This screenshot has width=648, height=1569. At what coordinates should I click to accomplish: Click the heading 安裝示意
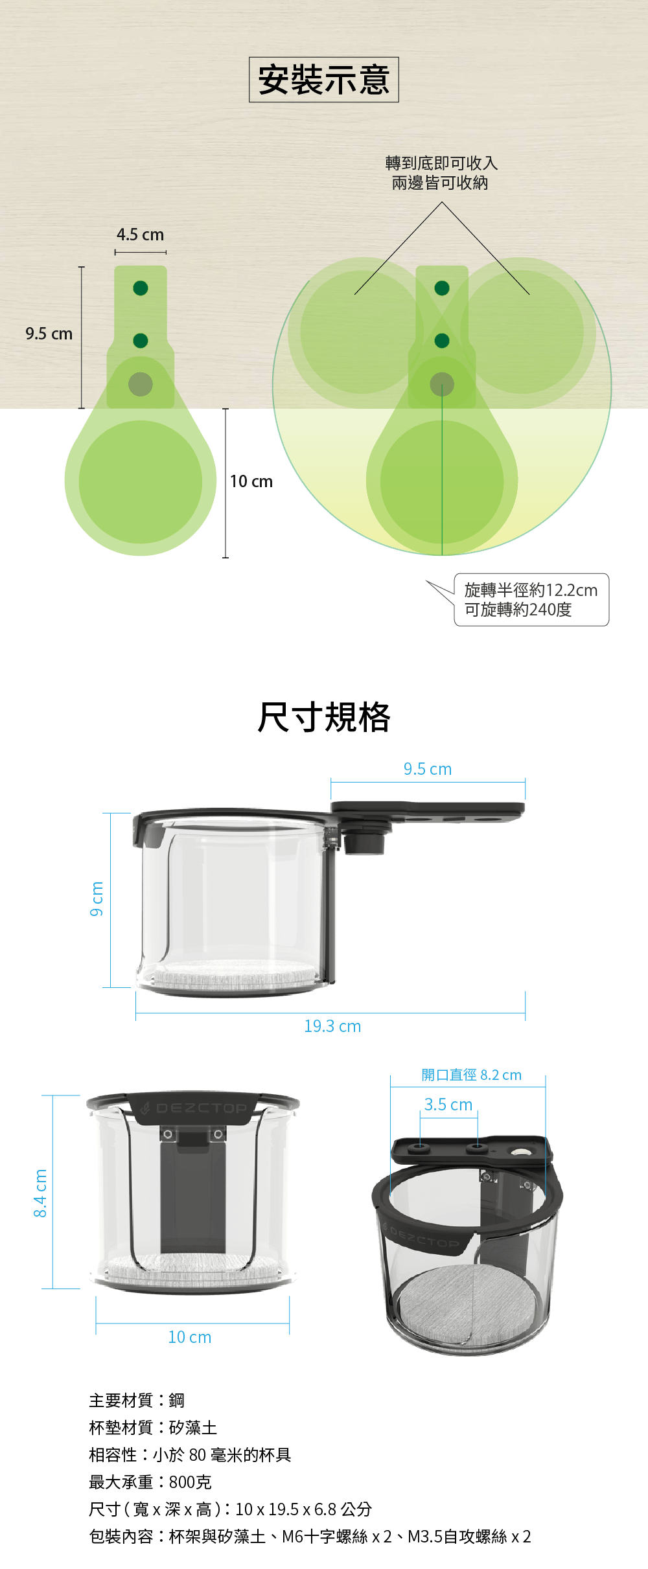(x=323, y=80)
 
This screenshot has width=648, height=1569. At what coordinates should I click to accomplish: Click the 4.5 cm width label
(x=140, y=235)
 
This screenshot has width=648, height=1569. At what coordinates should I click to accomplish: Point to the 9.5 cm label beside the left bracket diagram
(x=49, y=334)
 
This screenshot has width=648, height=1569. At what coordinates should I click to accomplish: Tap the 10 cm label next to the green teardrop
(x=251, y=481)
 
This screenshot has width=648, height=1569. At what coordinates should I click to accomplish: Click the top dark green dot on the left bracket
(x=141, y=288)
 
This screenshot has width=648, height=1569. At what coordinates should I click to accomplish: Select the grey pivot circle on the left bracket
(x=141, y=384)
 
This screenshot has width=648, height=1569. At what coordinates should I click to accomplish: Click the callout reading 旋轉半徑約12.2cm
(x=531, y=590)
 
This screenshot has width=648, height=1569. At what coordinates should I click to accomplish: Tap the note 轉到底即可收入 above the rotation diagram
(x=441, y=163)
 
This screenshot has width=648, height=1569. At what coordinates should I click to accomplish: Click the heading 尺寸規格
(x=323, y=717)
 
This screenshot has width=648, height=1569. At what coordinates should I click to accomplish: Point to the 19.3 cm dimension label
(x=332, y=1026)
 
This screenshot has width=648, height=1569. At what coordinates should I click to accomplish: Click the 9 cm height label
(x=97, y=899)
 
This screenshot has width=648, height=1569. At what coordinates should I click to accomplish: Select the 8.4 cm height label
(x=40, y=1193)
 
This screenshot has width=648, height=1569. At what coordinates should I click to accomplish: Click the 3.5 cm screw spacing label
(x=448, y=1105)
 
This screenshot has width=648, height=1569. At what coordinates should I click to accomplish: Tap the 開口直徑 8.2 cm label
(x=471, y=1075)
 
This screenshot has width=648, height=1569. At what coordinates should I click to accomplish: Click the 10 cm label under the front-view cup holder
(x=189, y=1337)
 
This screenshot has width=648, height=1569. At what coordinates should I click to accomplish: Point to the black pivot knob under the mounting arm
(x=364, y=842)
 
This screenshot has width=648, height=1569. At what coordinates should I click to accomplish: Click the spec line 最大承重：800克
(x=150, y=1482)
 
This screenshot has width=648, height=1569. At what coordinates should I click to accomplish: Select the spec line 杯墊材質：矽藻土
(x=153, y=1427)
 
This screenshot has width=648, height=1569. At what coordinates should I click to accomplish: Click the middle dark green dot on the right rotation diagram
(x=442, y=341)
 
